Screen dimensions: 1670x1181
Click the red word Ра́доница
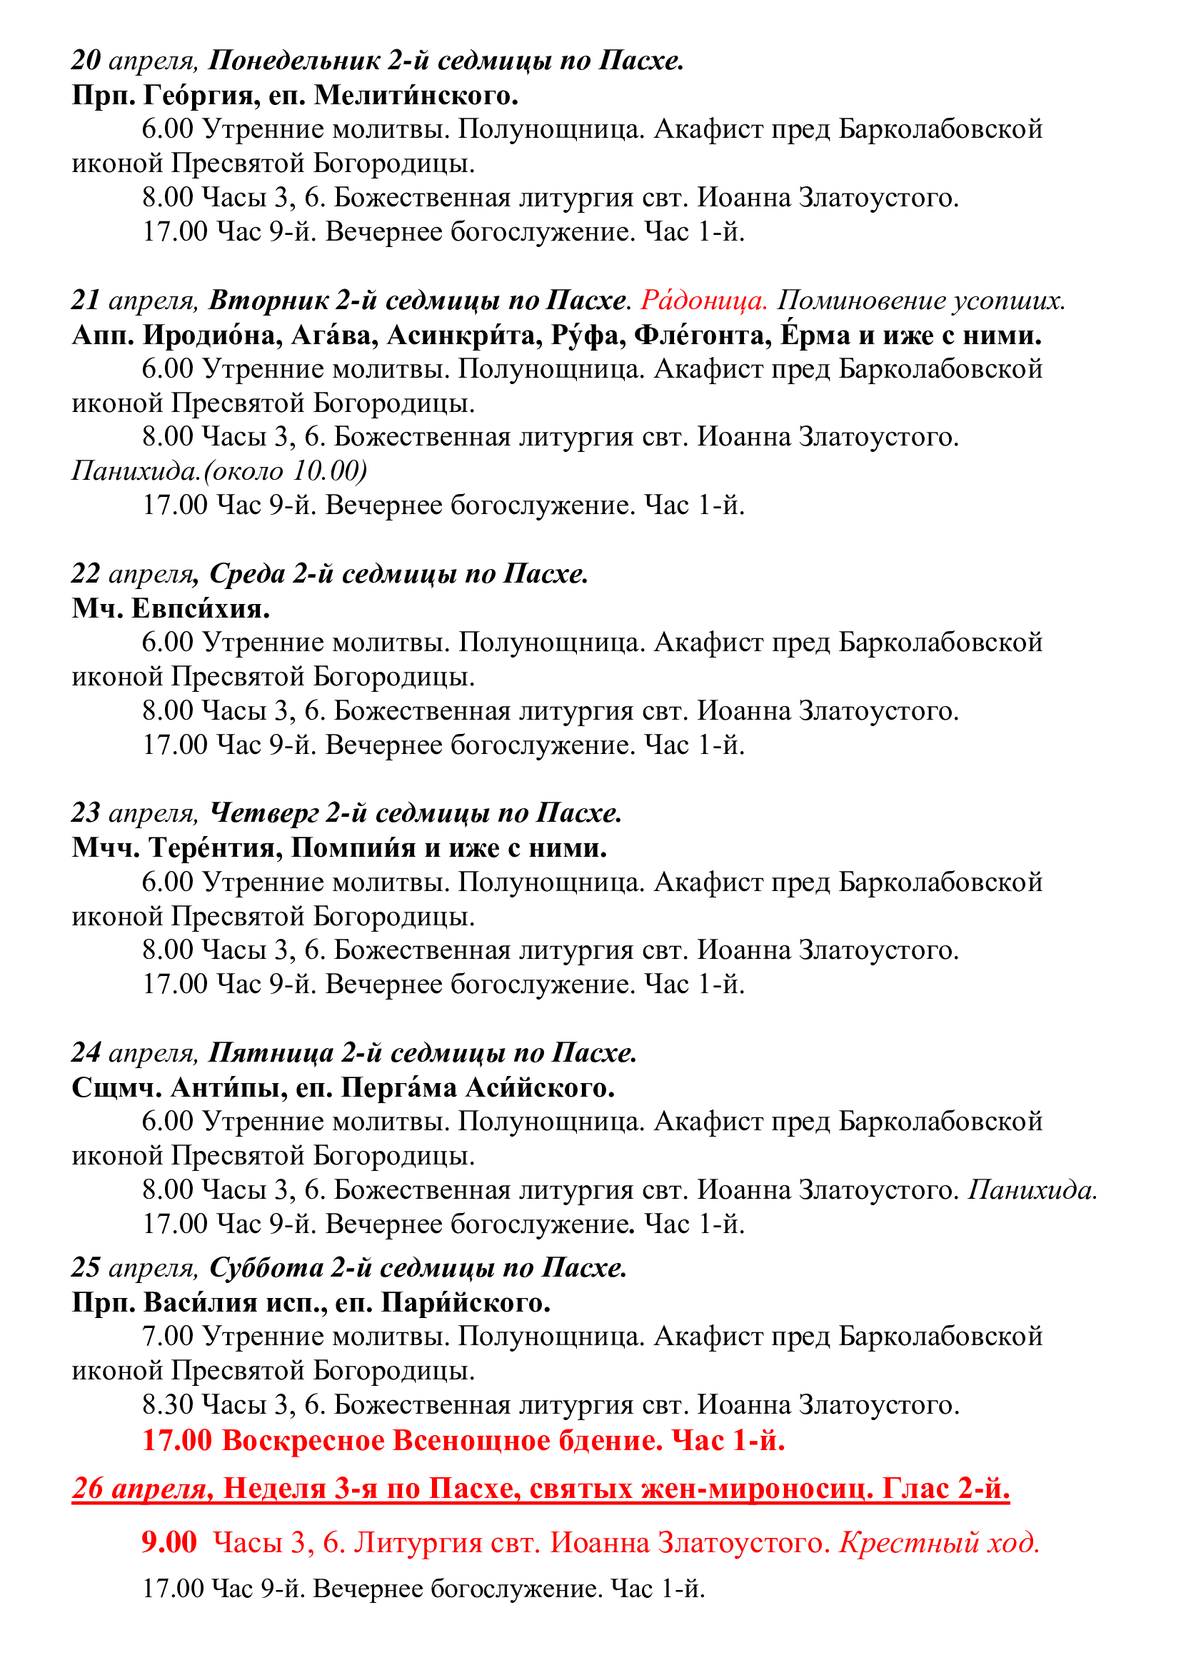click(x=703, y=300)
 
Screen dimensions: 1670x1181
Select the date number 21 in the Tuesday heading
click(x=86, y=300)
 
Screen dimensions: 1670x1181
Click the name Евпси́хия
click(x=200, y=608)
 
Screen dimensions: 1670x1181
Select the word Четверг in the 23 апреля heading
click(x=263, y=813)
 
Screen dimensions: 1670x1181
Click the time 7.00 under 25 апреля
click(x=167, y=1335)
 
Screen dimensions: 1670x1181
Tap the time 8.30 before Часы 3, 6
click(x=167, y=1404)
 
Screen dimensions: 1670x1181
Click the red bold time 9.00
click(x=169, y=1541)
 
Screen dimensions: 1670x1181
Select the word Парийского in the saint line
click(x=466, y=1302)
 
